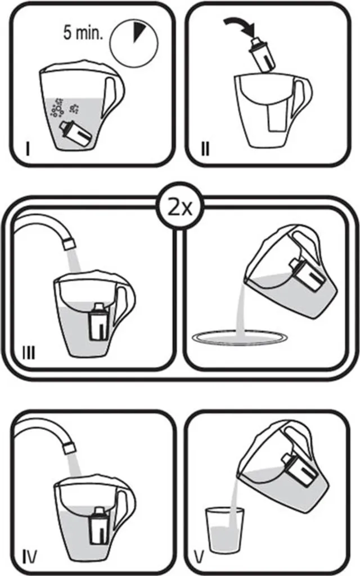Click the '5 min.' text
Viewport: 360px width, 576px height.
83,32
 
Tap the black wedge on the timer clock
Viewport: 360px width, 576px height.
139,31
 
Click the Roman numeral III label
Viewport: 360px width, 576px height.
29,353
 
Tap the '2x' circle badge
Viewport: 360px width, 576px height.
180,208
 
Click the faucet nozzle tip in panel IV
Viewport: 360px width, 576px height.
69,448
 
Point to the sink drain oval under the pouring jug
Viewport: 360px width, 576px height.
238,337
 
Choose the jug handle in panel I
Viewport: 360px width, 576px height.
114,96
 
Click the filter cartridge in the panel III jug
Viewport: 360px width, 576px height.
98,321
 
